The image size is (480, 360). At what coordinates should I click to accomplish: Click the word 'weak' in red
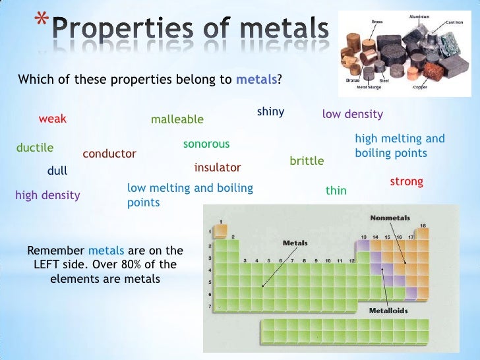53,119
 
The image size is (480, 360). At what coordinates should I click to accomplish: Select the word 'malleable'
177,119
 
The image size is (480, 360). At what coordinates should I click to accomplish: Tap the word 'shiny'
270,111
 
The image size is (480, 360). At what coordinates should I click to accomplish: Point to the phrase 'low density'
352,115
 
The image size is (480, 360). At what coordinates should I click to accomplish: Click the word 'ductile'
34,148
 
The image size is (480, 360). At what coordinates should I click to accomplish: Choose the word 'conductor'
109,154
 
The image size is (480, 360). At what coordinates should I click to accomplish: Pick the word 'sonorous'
206,144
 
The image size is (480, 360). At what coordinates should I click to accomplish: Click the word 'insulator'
218,167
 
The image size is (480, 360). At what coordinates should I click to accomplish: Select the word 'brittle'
307,161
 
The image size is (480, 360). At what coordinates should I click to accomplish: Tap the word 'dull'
57,171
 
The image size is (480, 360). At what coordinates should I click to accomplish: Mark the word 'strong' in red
406,181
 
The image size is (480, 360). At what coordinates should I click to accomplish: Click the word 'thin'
336,191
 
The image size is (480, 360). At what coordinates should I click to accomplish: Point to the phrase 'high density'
47,195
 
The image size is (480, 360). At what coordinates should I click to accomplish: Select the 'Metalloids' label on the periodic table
388,310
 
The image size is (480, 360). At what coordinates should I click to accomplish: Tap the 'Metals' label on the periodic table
295,243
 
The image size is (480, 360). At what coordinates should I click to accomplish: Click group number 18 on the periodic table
423,225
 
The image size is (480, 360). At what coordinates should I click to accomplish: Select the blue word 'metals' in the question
256,80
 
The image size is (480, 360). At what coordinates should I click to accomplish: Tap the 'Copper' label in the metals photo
421,87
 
